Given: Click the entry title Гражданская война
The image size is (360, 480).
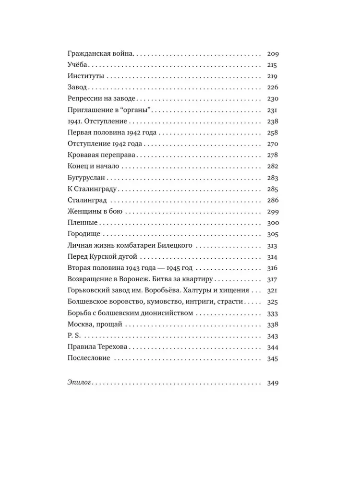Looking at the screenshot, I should pyautogui.click(x=100, y=55).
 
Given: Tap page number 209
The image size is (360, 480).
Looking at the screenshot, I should pyautogui.click(x=272, y=55).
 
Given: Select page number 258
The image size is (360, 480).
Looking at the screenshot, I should pyautogui.click(x=272, y=132).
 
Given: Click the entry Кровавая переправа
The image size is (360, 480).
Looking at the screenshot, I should pyautogui.click(x=103, y=155).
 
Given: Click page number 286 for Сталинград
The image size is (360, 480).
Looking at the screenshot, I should pyautogui.click(x=272, y=200).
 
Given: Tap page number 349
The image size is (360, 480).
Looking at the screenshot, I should pyautogui.click(x=272, y=383).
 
